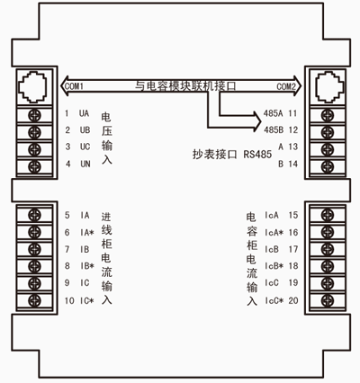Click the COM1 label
74,86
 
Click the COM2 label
286,86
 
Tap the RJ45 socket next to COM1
32,87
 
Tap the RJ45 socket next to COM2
328,87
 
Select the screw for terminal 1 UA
34,115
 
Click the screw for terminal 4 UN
34,166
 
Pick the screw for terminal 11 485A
328,115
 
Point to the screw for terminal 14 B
328,166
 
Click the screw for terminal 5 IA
34,215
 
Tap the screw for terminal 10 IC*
34,300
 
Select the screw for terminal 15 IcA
328,215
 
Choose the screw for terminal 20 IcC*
328,300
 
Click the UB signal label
85,130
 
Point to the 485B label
274,130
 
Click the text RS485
257,155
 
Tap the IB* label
87,266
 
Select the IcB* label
274,266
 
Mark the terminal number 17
293,249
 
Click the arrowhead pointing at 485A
256,115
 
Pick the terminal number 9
67,283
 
